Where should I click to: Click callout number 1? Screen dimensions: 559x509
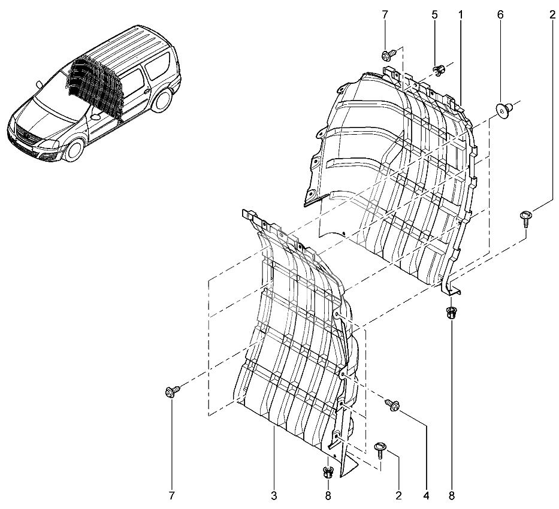(x=460, y=15)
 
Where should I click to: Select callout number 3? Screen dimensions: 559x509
(x=274, y=495)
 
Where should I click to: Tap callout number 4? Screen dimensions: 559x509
(x=427, y=495)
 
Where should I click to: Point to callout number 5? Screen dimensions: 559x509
(x=434, y=15)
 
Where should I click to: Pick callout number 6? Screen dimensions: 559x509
(x=500, y=15)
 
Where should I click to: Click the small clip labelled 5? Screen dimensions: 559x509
(x=439, y=69)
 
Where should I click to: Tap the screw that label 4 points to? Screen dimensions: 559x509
(x=392, y=405)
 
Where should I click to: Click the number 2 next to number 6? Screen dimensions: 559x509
(x=552, y=15)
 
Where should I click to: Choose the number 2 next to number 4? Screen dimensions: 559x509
(x=398, y=495)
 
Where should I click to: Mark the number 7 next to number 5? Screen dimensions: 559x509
(x=385, y=15)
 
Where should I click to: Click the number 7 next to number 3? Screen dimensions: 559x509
(x=172, y=495)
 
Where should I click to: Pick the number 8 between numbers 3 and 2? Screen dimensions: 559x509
(x=328, y=495)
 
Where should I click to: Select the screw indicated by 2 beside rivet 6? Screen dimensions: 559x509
(x=525, y=219)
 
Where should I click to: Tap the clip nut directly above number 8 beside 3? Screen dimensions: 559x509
(x=328, y=472)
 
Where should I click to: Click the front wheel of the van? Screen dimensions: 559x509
(x=75, y=150)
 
